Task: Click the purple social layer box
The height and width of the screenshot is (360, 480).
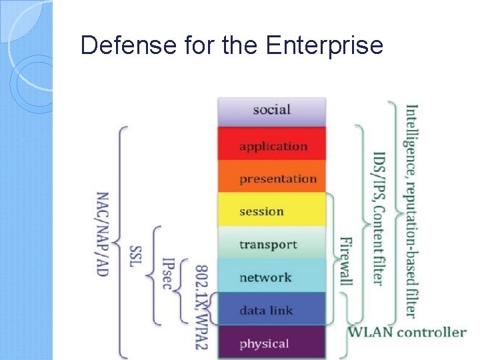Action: click(x=271, y=111)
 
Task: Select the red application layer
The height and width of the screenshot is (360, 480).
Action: click(x=271, y=145)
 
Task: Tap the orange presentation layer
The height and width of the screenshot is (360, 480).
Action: click(x=271, y=178)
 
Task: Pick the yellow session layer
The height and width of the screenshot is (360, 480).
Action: click(x=271, y=211)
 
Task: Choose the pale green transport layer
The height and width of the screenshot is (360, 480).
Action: click(x=271, y=244)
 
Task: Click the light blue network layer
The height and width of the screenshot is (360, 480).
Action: click(x=271, y=277)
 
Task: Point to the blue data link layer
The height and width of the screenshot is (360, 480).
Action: click(x=271, y=309)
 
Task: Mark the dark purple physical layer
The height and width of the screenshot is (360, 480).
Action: click(x=271, y=343)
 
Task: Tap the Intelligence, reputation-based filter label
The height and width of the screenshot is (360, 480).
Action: click(x=411, y=211)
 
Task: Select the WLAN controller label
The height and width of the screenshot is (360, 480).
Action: click(x=407, y=331)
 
